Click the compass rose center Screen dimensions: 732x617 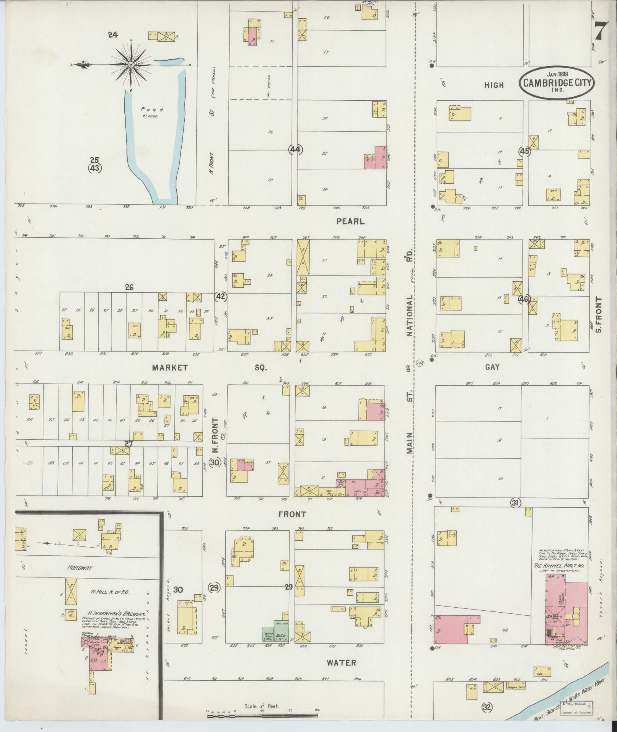[131, 65]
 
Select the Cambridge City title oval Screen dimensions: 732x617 [556, 82]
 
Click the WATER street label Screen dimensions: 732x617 [342, 662]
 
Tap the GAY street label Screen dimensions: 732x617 [493, 367]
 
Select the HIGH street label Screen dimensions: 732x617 [494, 85]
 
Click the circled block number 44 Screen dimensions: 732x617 [296, 150]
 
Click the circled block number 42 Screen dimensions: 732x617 [221, 296]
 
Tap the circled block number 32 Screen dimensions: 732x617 [487, 707]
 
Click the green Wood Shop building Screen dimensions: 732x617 [267, 634]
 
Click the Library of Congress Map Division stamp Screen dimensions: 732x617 [577, 708]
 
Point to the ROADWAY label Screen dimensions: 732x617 [80, 568]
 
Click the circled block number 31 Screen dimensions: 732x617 [515, 503]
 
